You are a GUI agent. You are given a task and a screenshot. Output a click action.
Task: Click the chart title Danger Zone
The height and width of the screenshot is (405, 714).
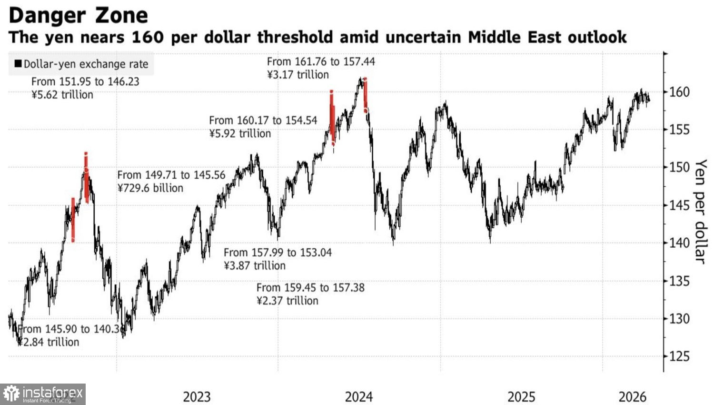pyautogui.click(x=78, y=15)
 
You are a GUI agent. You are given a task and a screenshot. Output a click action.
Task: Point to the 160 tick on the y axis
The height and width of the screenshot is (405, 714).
pyautogui.click(x=679, y=92)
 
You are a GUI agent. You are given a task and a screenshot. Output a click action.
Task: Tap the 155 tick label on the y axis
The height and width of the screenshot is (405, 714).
pyautogui.click(x=679, y=130)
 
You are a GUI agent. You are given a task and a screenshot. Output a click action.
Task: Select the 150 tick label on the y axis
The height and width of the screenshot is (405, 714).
pyautogui.click(x=679, y=167)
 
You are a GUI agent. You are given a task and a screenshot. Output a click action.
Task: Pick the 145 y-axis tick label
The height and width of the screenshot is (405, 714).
pyautogui.click(x=679, y=205)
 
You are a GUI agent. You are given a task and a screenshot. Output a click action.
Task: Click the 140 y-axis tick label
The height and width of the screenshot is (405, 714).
pyautogui.click(x=679, y=243)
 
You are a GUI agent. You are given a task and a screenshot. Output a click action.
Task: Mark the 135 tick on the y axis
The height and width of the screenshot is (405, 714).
pyautogui.click(x=679, y=281)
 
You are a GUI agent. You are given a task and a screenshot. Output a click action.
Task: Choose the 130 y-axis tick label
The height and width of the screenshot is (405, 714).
pyautogui.click(x=679, y=319)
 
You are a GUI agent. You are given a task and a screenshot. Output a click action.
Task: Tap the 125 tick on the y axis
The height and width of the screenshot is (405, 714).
pyautogui.click(x=679, y=356)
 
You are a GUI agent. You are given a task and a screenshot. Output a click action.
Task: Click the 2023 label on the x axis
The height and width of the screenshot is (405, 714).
pyautogui.click(x=197, y=396)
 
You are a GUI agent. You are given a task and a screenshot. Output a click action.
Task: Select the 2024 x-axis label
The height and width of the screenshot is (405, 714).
pyautogui.click(x=359, y=396)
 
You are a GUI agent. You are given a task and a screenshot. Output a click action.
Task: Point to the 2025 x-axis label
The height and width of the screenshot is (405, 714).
pyautogui.click(x=521, y=396)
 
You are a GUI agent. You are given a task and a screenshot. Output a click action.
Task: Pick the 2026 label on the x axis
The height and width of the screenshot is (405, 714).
pyautogui.click(x=633, y=396)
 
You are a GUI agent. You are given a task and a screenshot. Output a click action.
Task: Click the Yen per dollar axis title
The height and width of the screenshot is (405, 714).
pyautogui.click(x=700, y=211)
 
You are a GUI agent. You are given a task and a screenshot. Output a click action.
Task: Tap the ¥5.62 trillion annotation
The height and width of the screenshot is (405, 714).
pyautogui.click(x=62, y=95)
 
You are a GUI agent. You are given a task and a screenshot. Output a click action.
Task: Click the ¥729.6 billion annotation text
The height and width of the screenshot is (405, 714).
pyautogui.click(x=150, y=188)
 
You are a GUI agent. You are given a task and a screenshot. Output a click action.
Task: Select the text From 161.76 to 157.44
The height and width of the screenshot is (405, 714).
pyautogui.click(x=321, y=61)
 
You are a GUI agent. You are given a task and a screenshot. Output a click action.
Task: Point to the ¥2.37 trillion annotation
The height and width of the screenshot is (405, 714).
pyautogui.click(x=288, y=301)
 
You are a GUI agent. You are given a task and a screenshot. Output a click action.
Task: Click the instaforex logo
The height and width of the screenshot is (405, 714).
pyautogui.click(x=43, y=394)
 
